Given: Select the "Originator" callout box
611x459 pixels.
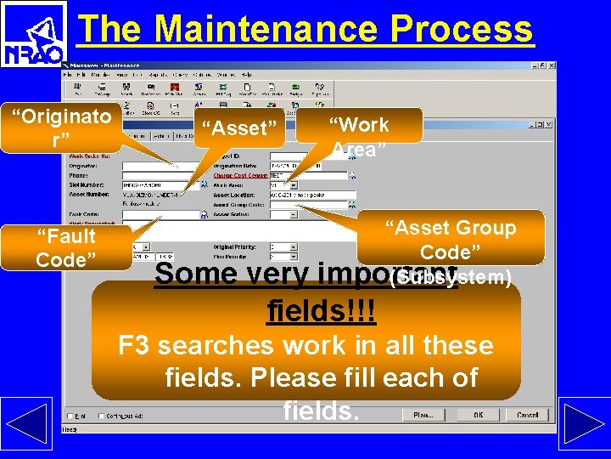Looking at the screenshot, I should coord(66,128).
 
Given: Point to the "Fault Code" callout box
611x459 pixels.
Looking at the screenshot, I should coord(66,247).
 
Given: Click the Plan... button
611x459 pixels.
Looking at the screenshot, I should coord(423,415).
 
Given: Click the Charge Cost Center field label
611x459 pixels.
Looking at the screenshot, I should coord(240,176).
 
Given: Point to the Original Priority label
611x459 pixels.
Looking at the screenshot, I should coord(238,246).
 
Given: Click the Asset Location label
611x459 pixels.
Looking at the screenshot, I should coord(236,195).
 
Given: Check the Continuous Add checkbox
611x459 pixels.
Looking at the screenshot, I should coord(102,416).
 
